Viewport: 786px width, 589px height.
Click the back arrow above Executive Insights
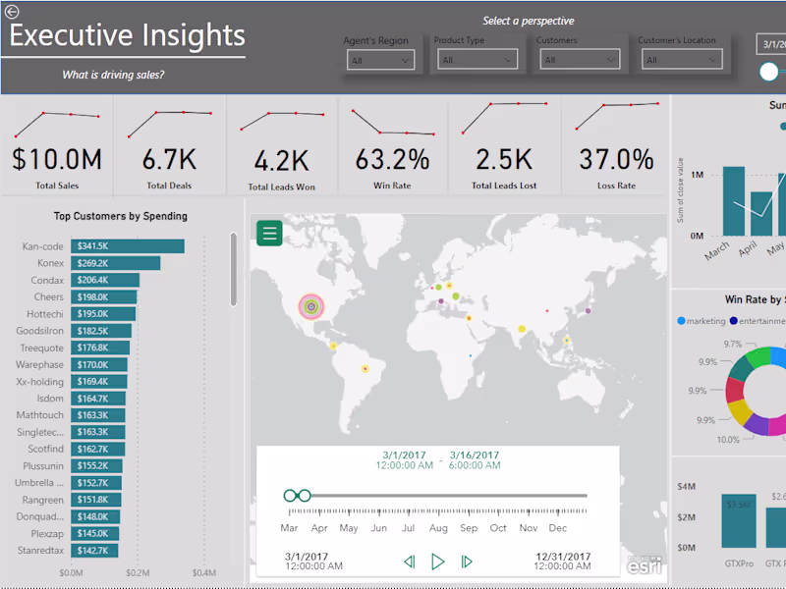tap(13, 12)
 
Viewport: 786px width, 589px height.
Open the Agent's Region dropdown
tap(379, 60)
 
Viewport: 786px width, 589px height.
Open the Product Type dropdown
tap(477, 60)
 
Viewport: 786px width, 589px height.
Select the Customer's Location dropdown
tap(679, 60)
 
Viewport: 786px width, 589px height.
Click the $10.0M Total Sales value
tap(57, 159)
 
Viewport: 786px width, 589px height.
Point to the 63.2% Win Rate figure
tap(393, 159)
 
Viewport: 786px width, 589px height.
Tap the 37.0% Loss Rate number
tap(616, 159)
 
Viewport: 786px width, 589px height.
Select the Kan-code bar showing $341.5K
tap(128, 246)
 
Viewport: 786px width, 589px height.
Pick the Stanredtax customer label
tap(40, 551)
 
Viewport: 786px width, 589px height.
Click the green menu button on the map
tap(270, 233)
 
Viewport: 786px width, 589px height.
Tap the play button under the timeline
tap(438, 562)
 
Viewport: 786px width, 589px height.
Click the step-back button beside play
tap(410, 562)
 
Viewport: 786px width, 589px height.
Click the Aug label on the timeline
tap(438, 528)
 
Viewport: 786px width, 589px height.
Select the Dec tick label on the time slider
tap(558, 528)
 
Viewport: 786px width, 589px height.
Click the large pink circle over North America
tap(311, 306)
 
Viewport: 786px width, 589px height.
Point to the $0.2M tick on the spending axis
tap(138, 572)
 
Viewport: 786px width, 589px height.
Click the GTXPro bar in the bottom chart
tap(739, 520)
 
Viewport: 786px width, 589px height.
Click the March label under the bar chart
tap(717, 251)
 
